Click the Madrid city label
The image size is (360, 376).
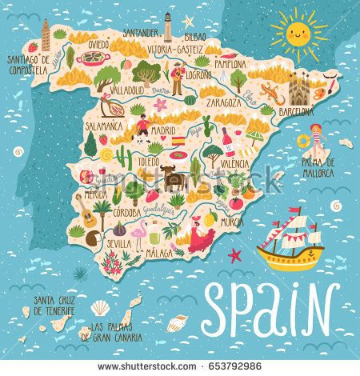pyautogui.click(x=163, y=129)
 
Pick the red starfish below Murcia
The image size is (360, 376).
pyautogui.click(x=235, y=255)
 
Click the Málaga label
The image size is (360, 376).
pyautogui.click(x=160, y=254)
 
